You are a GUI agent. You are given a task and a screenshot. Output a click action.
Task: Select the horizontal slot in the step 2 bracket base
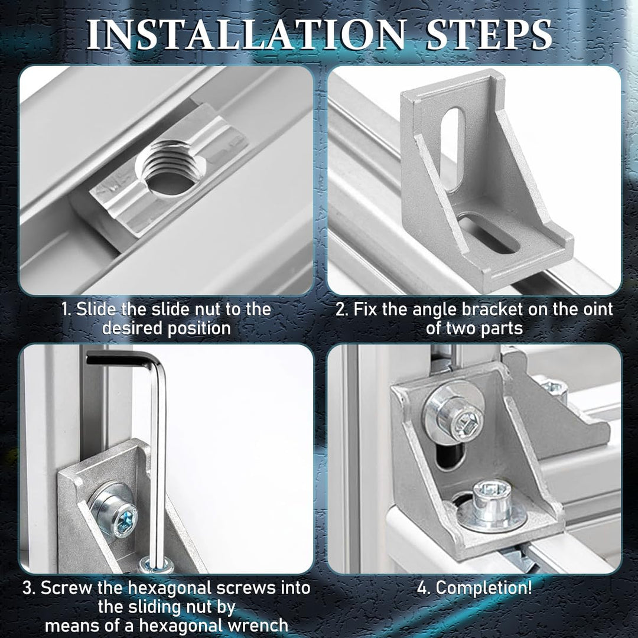489,233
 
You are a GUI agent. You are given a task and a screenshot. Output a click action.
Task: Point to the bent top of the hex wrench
126,360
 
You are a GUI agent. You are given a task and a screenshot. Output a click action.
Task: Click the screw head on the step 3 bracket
116,512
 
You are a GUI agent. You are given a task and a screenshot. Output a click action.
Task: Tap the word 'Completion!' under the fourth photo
484,588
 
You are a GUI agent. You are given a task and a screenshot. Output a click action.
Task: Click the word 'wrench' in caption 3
257,626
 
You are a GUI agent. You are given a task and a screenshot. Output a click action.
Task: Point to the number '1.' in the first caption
66,309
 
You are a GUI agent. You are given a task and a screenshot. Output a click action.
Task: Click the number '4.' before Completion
425,588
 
